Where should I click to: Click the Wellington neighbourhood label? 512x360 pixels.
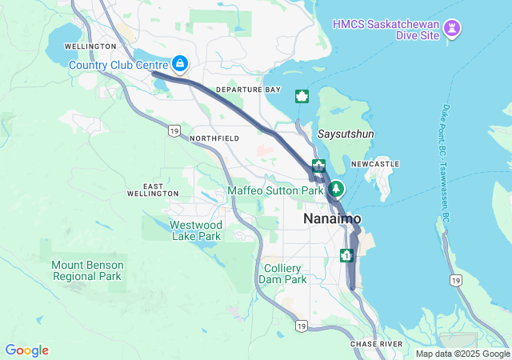coord(93,46)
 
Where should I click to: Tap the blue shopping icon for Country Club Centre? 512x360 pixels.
coord(180,64)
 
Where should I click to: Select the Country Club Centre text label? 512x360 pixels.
coord(118,65)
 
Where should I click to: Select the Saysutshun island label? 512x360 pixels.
coord(346,134)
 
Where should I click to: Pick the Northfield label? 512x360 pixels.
coord(214,138)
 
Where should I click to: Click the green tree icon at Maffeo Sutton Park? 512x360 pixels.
coord(337,190)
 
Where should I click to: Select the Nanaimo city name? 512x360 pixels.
coord(332,218)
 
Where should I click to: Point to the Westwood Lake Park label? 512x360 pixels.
coord(195,230)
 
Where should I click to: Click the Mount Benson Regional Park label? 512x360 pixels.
coord(86,270)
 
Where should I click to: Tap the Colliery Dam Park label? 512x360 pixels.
coord(282,274)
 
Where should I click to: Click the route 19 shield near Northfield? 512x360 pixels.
coord(174,130)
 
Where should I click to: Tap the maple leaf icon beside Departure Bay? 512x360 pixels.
coord(302,96)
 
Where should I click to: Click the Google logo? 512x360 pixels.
coord(26,350)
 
